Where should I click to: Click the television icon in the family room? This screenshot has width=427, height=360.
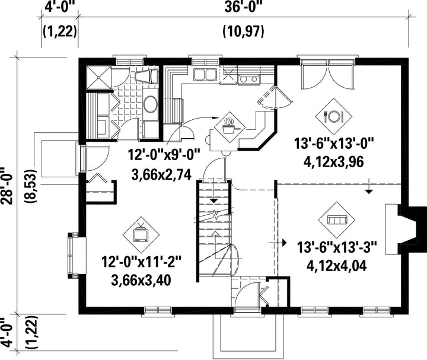point(141,234)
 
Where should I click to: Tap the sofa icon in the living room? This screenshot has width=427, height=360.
point(337,220)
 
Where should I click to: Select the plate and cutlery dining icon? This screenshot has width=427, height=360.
point(333,117)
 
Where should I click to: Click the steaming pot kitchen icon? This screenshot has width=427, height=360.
point(230,127)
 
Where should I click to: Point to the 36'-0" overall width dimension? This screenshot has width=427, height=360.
point(243,7)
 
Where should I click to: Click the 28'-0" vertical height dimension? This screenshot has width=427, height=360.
point(7,186)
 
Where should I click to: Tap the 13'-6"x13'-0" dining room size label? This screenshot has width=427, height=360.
point(333,143)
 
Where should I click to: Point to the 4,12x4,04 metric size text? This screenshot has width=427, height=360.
point(337,266)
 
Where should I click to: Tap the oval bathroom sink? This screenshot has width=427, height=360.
point(150,104)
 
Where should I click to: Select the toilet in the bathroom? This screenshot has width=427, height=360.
point(147,77)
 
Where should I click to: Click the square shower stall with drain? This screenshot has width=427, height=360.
point(98,78)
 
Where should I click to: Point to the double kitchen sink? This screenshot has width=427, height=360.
point(205,74)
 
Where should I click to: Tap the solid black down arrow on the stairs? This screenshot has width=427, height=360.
point(214,200)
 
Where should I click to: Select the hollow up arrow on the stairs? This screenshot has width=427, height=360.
point(215,233)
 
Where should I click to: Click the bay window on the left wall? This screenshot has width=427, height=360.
point(77,255)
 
